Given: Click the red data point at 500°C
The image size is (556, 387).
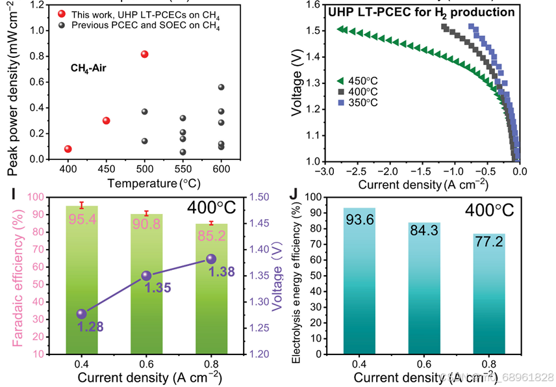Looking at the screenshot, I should (144, 54).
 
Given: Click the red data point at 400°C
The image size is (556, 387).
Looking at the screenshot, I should (68, 149).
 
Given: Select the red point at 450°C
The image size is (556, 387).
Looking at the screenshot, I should (107, 120).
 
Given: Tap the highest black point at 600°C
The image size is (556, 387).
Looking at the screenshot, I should (221, 87).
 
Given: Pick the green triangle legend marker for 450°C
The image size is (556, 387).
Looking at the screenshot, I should (340, 81).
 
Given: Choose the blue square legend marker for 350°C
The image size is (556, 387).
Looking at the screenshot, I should (340, 103).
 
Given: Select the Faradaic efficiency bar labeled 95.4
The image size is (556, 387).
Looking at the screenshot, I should (82, 280).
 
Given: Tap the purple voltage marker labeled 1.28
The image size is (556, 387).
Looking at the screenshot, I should (82, 314).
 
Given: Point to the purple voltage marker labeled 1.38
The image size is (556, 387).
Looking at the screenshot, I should (211, 259).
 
